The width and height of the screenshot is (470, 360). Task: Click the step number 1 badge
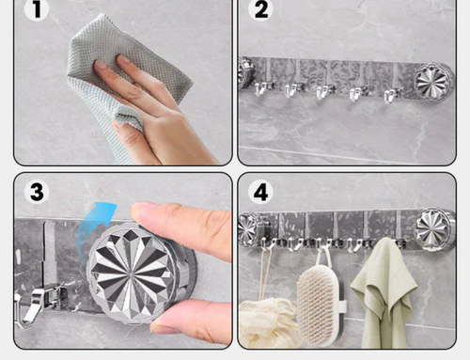37,8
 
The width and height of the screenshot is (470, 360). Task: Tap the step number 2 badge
260,8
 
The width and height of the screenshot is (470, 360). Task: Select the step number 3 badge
37,192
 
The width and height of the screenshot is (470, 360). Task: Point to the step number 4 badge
260,192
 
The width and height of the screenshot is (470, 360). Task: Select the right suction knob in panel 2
433,82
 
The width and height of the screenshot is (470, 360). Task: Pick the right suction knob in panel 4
434,228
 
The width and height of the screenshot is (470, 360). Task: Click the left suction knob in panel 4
250,229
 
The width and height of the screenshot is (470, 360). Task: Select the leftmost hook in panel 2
262,88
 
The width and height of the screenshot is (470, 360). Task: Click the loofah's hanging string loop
265,273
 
